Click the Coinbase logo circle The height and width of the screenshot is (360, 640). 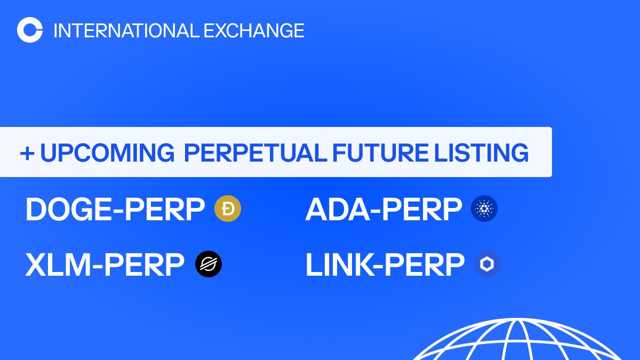30,30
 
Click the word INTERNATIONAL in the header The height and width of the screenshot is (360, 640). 126,30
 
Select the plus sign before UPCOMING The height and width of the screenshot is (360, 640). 27,153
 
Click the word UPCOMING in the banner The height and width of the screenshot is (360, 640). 107,153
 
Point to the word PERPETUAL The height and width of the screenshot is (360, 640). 254,153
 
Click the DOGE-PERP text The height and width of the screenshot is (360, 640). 115,210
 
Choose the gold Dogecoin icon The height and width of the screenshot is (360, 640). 228,209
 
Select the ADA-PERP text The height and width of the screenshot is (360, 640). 383,210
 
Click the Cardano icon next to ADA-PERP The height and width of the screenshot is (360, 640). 484,209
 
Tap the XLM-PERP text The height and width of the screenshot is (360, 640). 105,265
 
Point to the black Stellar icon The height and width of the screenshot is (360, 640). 209,264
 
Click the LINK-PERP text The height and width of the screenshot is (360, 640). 385,265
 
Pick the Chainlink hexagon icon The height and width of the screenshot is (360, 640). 487,264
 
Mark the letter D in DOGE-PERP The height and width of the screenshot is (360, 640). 36,210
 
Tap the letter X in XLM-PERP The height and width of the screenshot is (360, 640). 36,265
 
